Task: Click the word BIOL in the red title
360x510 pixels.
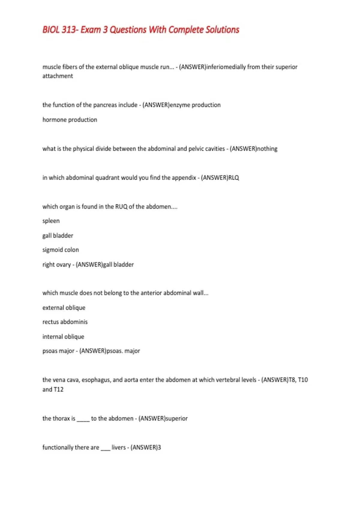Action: [51, 30]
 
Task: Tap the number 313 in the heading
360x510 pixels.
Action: [69, 30]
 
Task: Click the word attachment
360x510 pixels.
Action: [58, 76]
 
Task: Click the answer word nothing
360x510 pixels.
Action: [267, 149]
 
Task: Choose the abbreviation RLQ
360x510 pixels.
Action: [234, 178]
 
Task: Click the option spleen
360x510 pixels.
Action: [51, 221]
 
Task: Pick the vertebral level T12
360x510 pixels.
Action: [58, 389]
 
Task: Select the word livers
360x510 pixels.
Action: [118, 448]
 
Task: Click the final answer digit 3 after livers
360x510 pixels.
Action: [159, 448]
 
